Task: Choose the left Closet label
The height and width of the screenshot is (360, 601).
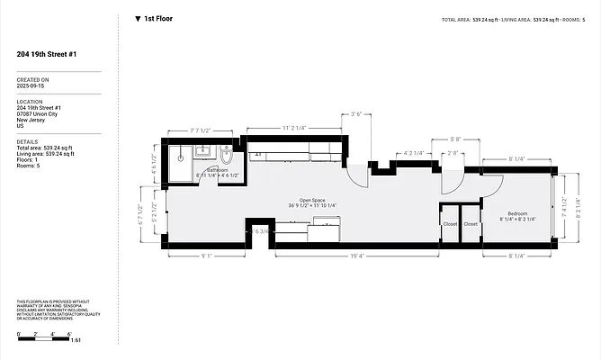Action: (450, 223)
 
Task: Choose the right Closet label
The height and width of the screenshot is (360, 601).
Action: (471, 223)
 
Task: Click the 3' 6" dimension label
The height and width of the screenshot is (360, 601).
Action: (355, 114)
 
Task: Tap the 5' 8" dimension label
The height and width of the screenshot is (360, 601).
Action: (456, 139)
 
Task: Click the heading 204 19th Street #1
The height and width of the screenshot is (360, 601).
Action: (46, 54)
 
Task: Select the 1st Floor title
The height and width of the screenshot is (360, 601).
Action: (158, 17)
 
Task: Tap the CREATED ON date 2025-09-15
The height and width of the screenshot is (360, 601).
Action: (32, 86)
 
